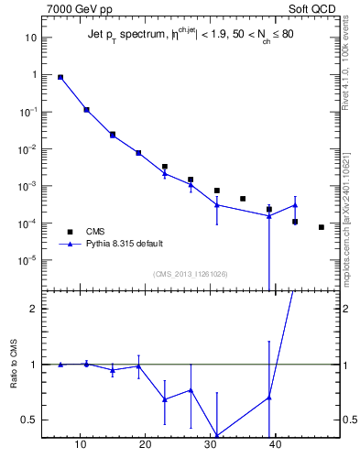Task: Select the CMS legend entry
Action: click(95, 231)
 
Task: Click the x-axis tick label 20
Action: click(145, 445)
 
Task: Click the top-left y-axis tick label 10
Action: click(29, 38)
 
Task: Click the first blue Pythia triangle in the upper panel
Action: click(60, 78)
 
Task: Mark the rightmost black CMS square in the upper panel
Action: click(321, 227)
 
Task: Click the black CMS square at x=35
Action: click(243, 199)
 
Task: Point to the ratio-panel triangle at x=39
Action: click(268, 398)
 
